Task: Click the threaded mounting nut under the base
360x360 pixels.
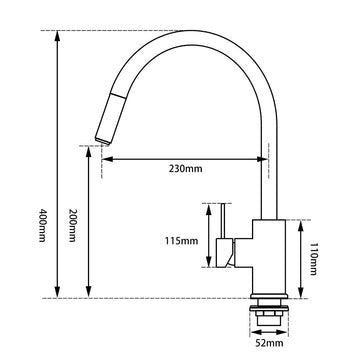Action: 267,311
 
